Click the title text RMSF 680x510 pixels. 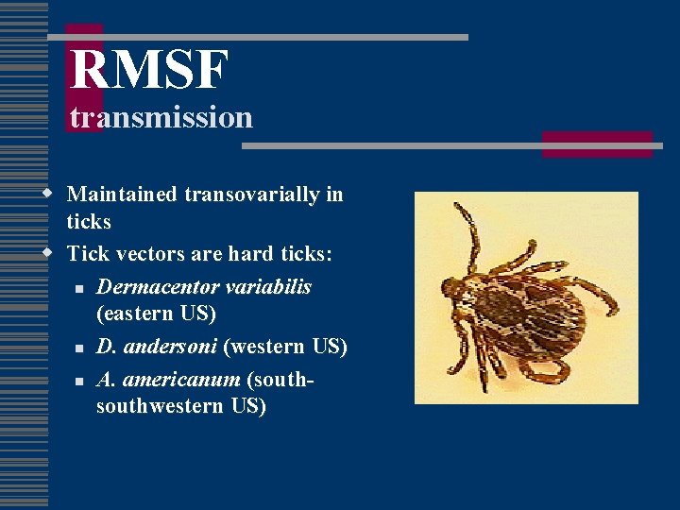pos(149,71)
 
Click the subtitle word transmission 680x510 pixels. pos(161,117)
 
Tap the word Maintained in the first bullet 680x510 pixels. pos(122,195)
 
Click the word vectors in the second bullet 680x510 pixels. pos(156,254)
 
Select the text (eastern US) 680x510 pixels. pos(156,313)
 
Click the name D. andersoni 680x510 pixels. pos(157,347)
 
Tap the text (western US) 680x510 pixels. pos(285,347)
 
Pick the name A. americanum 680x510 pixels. pos(168,380)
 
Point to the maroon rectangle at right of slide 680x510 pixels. pos(597,144)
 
